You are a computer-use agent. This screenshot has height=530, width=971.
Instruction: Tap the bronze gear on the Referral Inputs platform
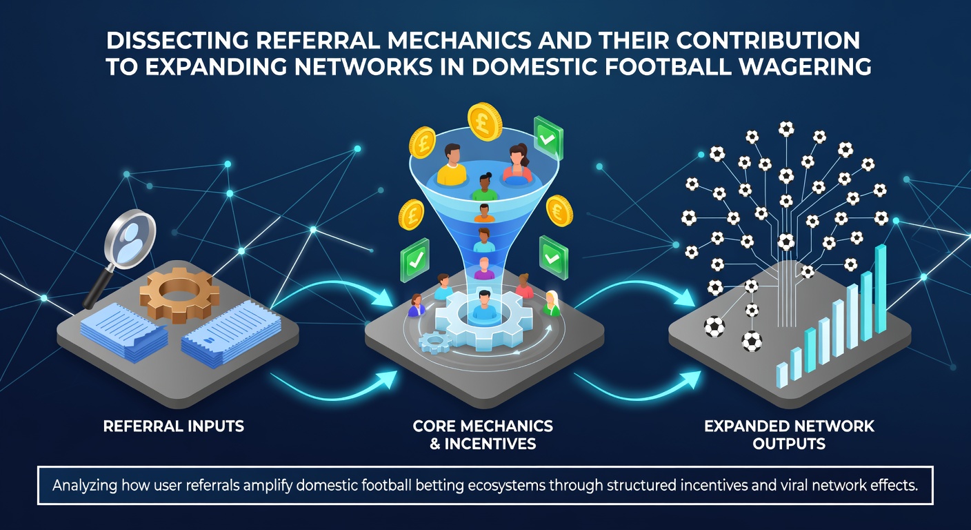tap(179, 295)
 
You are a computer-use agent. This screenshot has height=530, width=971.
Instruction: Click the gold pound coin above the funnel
tap(485, 121)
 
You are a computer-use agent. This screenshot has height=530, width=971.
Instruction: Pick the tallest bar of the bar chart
tap(881, 289)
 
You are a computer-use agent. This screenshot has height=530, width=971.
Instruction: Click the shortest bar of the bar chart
tap(781, 375)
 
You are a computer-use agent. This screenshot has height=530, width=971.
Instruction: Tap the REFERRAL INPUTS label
tap(173, 426)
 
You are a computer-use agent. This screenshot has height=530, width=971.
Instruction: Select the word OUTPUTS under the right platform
tap(789, 444)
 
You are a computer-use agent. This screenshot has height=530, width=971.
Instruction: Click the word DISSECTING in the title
tap(177, 41)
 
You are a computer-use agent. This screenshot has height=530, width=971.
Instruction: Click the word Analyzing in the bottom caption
tap(85, 485)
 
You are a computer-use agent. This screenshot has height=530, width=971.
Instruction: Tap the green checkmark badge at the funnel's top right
tap(548, 137)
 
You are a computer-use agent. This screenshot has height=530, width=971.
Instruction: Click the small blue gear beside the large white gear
tap(434, 342)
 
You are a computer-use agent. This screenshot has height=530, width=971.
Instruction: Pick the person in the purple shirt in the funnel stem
tap(484, 269)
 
